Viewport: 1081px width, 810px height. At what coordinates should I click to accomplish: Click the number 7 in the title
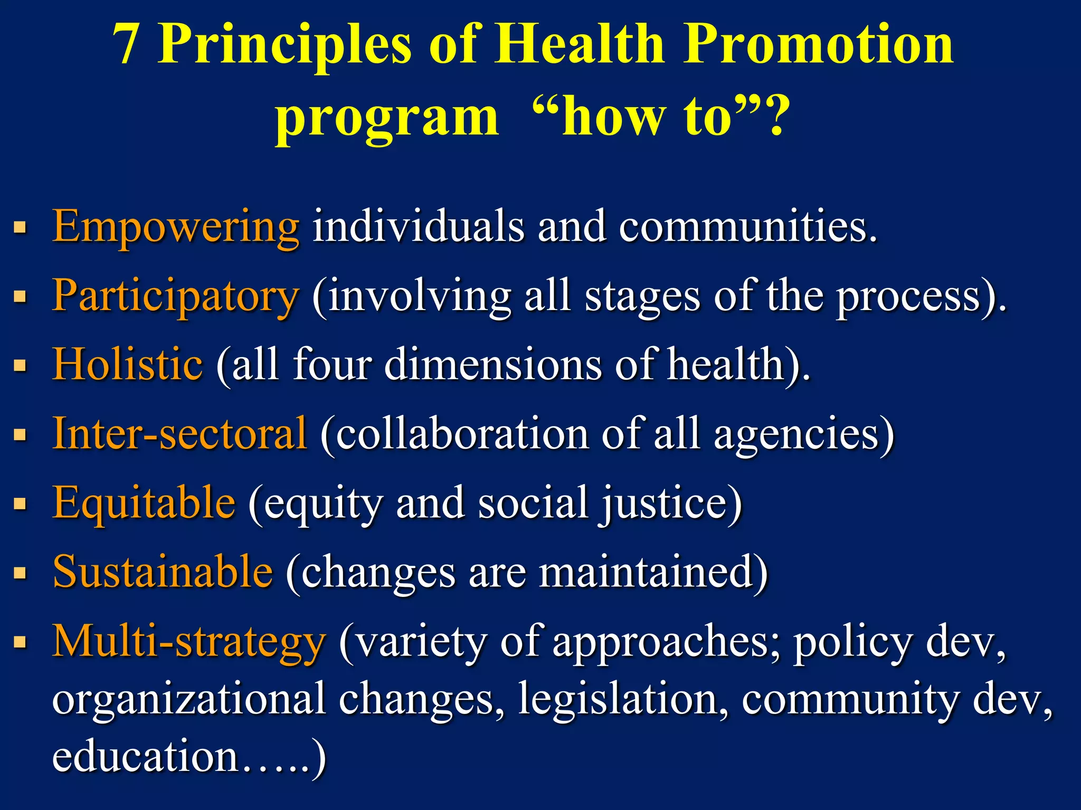(x=127, y=45)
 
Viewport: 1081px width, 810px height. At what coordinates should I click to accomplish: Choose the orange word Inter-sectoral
(x=180, y=433)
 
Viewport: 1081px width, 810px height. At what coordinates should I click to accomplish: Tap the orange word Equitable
(x=144, y=503)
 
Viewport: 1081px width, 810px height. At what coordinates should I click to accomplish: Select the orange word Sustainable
(x=163, y=572)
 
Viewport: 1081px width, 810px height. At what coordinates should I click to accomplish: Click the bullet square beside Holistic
(x=20, y=365)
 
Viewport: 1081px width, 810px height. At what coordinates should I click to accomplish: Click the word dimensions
(x=493, y=364)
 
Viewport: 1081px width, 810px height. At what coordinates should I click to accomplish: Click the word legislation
(x=623, y=699)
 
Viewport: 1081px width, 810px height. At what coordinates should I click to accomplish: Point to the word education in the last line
(x=146, y=756)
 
